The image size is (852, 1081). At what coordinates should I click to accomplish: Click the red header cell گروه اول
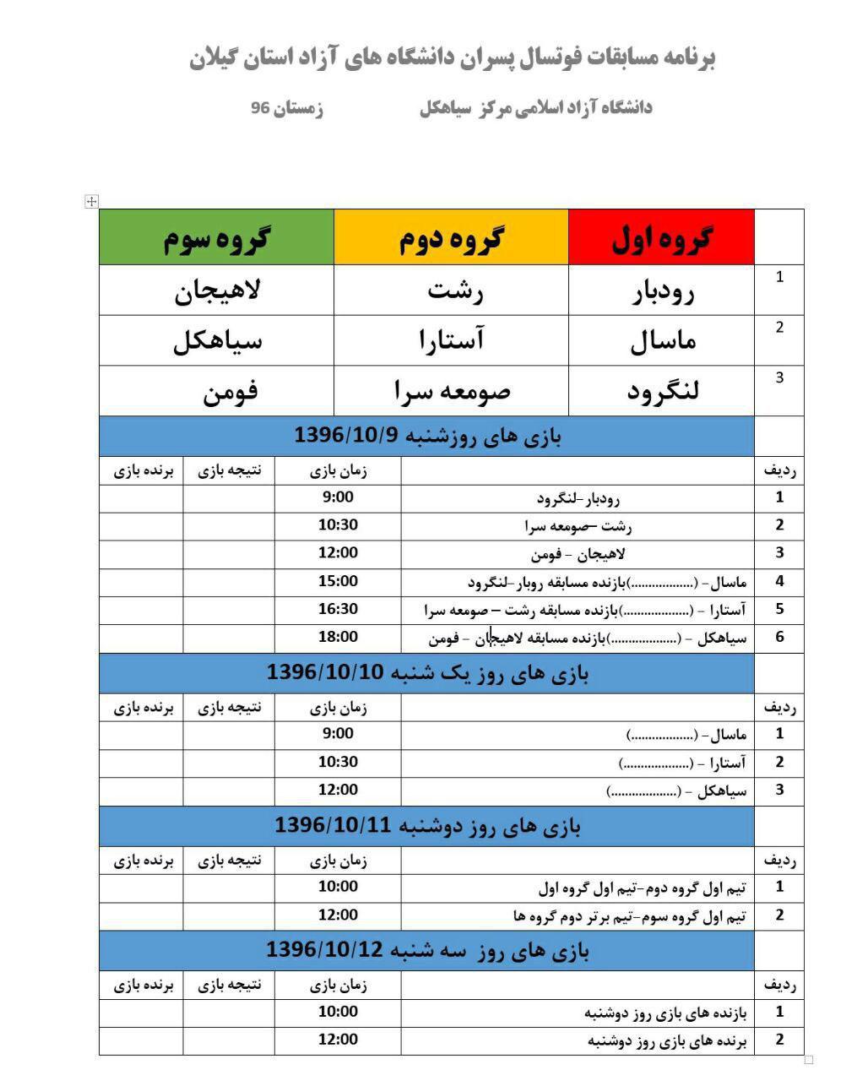click(661, 237)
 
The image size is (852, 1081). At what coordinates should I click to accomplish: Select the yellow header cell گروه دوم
click(451, 237)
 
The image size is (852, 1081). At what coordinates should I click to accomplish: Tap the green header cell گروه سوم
click(216, 237)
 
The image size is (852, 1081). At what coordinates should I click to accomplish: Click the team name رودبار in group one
click(663, 291)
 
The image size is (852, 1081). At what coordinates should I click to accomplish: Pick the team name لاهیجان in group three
click(218, 291)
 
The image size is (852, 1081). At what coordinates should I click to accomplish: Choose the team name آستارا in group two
click(452, 340)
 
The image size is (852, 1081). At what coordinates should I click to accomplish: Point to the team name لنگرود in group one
click(663, 391)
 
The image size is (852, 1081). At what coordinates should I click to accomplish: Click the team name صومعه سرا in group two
click(452, 391)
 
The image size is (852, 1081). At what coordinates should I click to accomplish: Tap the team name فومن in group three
click(230, 391)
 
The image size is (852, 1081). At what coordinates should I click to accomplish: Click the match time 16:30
click(338, 609)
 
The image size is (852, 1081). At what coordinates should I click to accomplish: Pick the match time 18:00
click(338, 637)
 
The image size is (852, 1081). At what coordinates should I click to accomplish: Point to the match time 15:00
click(338, 581)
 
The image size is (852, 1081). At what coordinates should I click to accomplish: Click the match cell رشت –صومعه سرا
click(578, 526)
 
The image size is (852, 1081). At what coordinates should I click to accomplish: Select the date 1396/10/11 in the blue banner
click(333, 825)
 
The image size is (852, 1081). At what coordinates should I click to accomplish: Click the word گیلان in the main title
click(218, 58)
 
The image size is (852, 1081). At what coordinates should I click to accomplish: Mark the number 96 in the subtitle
click(260, 108)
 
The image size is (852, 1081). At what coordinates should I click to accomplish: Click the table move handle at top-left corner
click(92, 201)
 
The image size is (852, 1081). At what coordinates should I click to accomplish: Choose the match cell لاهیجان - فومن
click(578, 554)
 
